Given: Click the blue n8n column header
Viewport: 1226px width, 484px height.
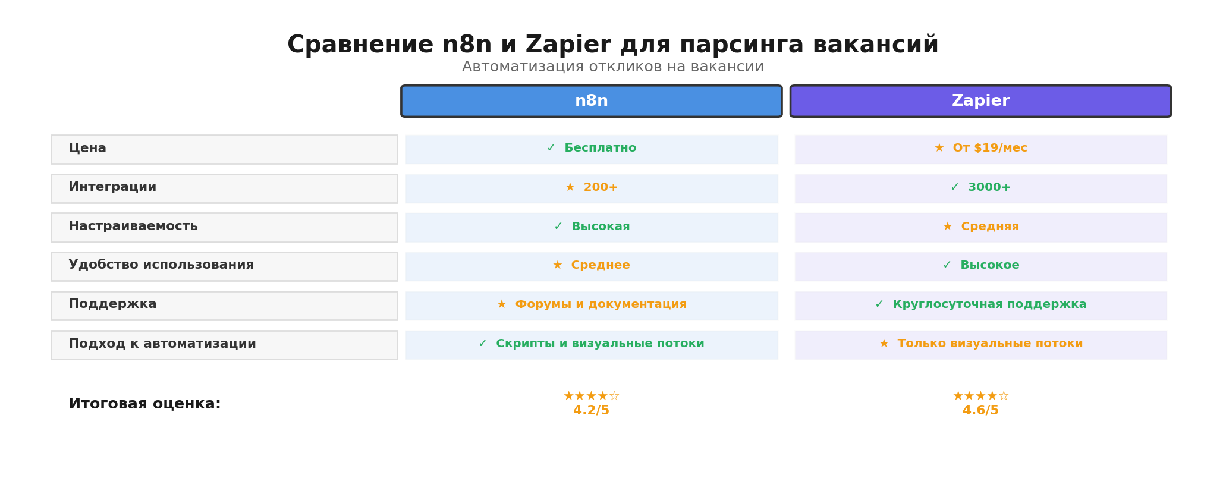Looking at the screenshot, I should (591, 101).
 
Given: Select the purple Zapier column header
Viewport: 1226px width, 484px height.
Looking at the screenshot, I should (980, 101).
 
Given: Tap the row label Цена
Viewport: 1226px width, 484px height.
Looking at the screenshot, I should (87, 149).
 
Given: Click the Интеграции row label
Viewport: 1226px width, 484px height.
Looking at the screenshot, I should (112, 187).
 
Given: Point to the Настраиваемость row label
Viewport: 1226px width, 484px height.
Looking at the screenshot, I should (133, 227).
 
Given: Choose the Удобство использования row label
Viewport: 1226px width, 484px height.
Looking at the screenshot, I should (161, 265).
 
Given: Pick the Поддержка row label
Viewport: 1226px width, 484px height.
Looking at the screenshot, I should (112, 304).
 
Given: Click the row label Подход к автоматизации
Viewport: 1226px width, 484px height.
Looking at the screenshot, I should (162, 344).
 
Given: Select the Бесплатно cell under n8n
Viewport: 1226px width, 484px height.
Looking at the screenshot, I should (592, 149).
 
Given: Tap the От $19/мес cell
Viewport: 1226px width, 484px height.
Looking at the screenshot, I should (980, 149).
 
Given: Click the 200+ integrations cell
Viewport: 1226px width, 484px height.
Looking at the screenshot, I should (592, 188).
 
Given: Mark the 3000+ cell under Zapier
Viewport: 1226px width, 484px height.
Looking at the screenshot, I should (980, 188).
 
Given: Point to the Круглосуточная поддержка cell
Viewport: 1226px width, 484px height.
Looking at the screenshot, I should (980, 305).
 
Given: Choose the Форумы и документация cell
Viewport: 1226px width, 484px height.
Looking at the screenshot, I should (592, 305).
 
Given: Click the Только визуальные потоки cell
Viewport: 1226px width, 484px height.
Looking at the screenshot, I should (980, 344).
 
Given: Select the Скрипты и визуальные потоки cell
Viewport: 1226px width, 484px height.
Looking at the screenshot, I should (592, 344).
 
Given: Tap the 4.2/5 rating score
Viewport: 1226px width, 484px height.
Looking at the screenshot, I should (591, 411).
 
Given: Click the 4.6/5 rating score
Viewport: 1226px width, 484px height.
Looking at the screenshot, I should (980, 411).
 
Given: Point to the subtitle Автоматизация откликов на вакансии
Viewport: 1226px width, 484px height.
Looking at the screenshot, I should (612, 67).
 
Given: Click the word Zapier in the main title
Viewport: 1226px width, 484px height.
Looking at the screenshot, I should (568, 45).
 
